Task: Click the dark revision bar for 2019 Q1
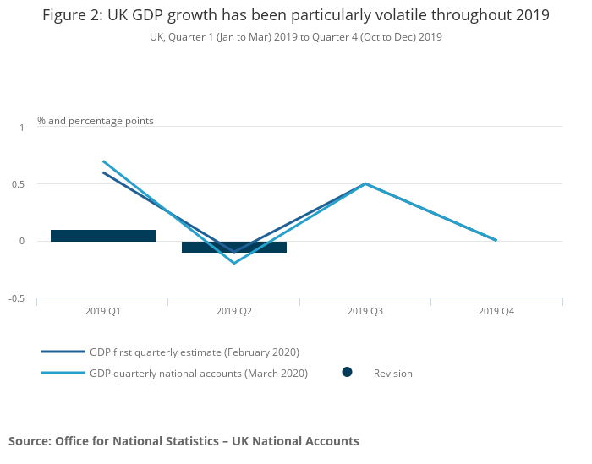point(103,236)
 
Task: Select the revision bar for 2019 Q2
point(234,247)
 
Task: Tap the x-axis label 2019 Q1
point(103,311)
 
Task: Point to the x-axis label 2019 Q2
point(234,311)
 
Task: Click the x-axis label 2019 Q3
point(365,311)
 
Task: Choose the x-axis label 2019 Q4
point(496,311)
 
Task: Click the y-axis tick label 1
point(22,127)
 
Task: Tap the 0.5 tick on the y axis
point(19,184)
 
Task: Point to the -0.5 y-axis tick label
point(18,299)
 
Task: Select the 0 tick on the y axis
point(22,242)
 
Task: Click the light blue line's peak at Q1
point(103,161)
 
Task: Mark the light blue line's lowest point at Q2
point(234,264)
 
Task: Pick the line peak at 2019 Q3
point(365,183)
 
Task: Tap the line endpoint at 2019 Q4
point(496,241)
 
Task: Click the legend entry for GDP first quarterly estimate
point(195,352)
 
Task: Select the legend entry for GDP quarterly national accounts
point(199,373)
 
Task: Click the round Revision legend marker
point(347,373)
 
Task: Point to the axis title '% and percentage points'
point(96,121)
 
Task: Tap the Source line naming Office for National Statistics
point(184,441)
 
